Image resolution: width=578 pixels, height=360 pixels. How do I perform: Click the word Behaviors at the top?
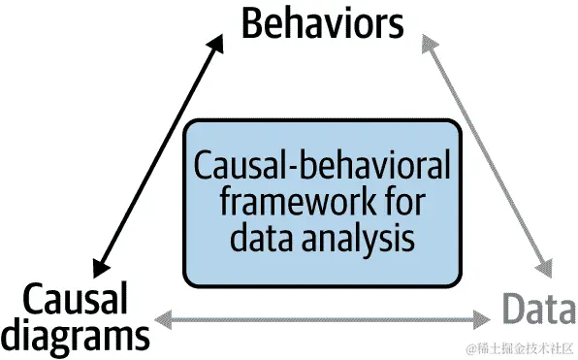click(x=322, y=23)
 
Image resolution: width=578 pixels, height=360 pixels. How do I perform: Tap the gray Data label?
click(x=536, y=310)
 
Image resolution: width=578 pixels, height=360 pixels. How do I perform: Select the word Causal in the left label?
click(x=75, y=299)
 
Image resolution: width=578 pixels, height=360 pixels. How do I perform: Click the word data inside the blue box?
click(x=260, y=237)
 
